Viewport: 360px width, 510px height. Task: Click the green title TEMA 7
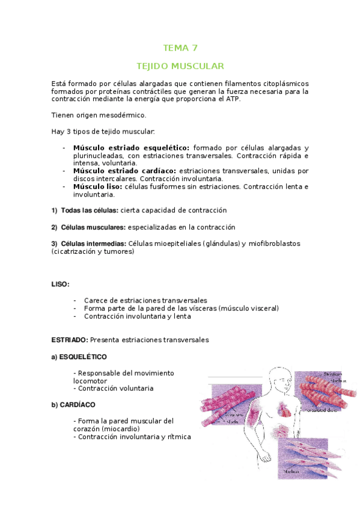point(180,48)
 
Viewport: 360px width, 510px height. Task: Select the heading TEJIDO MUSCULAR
point(180,65)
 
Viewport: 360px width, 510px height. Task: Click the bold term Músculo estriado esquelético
point(131,148)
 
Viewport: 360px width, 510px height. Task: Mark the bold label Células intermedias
point(93,244)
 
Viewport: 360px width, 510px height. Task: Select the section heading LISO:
point(61,283)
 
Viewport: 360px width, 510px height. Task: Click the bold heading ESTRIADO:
point(70,340)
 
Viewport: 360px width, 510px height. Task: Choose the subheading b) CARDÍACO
point(73,404)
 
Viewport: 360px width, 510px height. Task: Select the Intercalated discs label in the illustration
point(320,411)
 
